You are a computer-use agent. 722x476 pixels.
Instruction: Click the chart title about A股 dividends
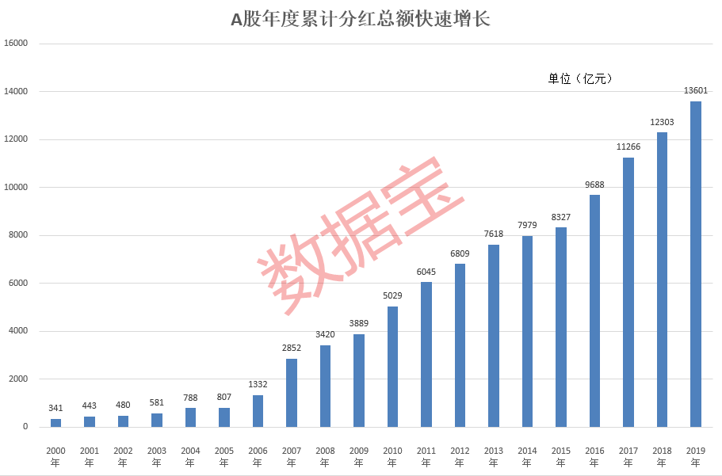pyautogui.click(x=361, y=19)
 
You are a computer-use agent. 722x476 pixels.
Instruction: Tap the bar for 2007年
pyautogui.click(x=292, y=393)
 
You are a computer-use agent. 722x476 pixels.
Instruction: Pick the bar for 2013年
pyautogui.click(x=493, y=336)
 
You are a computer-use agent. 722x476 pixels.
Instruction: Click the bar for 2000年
pyautogui.click(x=55, y=423)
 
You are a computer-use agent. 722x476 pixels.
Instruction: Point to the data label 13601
pyautogui.click(x=695, y=91)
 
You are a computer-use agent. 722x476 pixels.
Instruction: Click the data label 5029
pyautogui.click(x=392, y=296)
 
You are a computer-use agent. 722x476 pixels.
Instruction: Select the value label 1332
pyautogui.click(x=258, y=385)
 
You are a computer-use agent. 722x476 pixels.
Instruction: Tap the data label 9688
pyautogui.click(x=594, y=185)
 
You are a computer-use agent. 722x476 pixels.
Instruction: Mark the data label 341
pyautogui.click(x=55, y=409)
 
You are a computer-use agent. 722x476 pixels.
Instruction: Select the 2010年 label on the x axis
pyautogui.click(x=392, y=456)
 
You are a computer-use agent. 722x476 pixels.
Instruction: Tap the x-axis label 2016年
pyautogui.click(x=594, y=456)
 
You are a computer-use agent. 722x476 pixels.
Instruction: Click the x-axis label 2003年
pyautogui.click(x=156, y=456)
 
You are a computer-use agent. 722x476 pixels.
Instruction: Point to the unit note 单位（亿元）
pyautogui.click(x=581, y=78)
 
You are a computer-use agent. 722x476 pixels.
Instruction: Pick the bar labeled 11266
pyautogui.click(x=628, y=292)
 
